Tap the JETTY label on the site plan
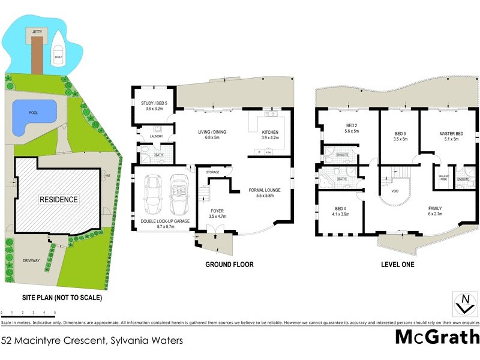tap(37, 29)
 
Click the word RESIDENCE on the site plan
tap(59, 199)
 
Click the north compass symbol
tap(463, 304)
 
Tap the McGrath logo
tap(436, 337)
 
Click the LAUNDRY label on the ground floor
tap(147, 136)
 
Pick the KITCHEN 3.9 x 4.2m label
tap(269, 134)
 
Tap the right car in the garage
tap(179, 195)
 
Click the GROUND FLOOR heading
tap(229, 264)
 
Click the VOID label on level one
tap(394, 192)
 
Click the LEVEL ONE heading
tap(398, 264)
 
